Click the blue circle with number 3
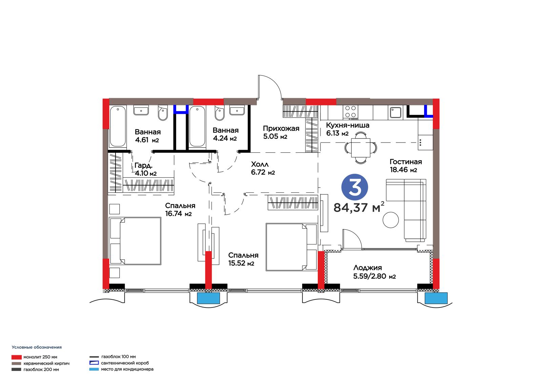(354, 187)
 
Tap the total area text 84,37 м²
(359, 207)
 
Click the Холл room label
(263, 168)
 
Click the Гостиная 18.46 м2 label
(405, 166)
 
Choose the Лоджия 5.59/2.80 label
(374, 272)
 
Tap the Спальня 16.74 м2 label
(180, 210)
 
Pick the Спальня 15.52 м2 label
(243, 259)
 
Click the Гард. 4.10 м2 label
(145, 169)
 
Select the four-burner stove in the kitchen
(350, 112)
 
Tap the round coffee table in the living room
(391, 220)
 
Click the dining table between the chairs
(360, 148)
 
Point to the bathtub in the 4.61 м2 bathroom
(118, 126)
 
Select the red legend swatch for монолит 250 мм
(17, 357)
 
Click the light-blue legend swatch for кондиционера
(94, 369)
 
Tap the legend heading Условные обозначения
(37, 347)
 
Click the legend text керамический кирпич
(46, 363)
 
